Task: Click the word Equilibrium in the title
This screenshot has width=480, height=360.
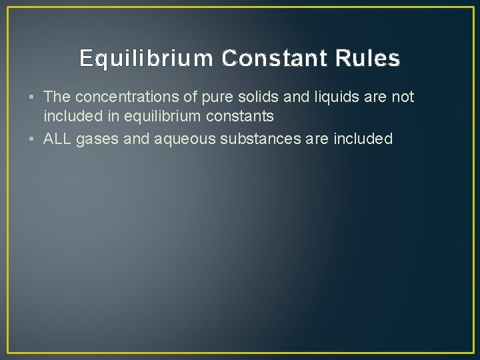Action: pos(147,59)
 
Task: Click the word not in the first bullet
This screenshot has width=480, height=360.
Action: pos(403,97)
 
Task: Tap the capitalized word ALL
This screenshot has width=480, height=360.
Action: pos(58,139)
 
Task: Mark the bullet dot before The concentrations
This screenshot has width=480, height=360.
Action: pos(32,97)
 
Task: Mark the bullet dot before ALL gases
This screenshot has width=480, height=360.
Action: pos(32,139)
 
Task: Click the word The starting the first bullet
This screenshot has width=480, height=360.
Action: pos(56,97)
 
